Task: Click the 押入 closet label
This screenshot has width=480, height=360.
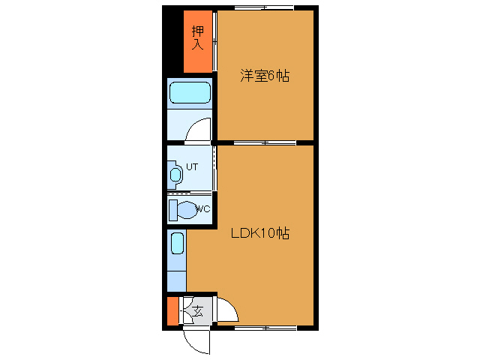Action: (197, 39)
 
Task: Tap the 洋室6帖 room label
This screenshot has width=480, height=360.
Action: (264, 76)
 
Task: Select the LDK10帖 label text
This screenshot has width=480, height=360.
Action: (259, 233)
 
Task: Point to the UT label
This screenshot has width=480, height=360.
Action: (191, 167)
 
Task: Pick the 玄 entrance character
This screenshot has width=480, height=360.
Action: (197, 310)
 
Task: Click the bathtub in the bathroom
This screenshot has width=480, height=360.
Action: (189, 93)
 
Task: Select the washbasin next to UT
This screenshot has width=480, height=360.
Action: (175, 175)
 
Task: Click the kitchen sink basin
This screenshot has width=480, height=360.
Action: (177, 244)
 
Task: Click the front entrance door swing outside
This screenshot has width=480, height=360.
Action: (196, 341)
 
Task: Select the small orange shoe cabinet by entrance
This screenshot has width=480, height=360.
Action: (172, 311)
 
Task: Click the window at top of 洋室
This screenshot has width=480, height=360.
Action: (263, 7)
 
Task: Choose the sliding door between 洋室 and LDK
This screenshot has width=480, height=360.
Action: (263, 142)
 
